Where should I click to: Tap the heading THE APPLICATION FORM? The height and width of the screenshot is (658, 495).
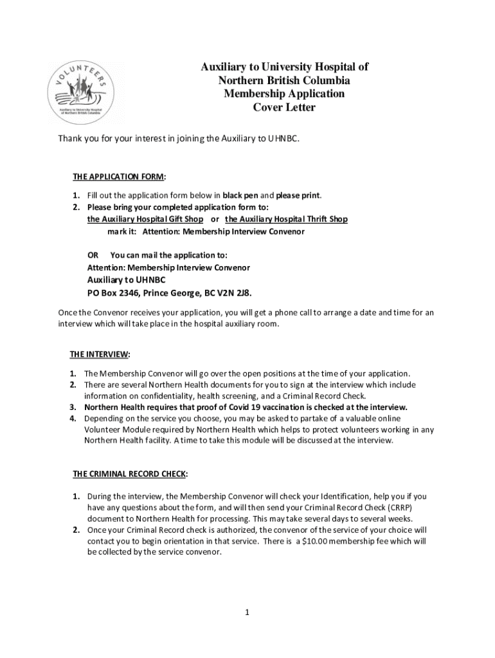tap(118, 177)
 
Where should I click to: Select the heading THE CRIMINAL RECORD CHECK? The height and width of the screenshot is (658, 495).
tap(130, 474)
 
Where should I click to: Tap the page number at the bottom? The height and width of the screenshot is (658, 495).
tap(247, 612)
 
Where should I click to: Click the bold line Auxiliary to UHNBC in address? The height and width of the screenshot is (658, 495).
tap(126, 280)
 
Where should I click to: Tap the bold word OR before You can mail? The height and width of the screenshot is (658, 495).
tap(93, 254)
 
